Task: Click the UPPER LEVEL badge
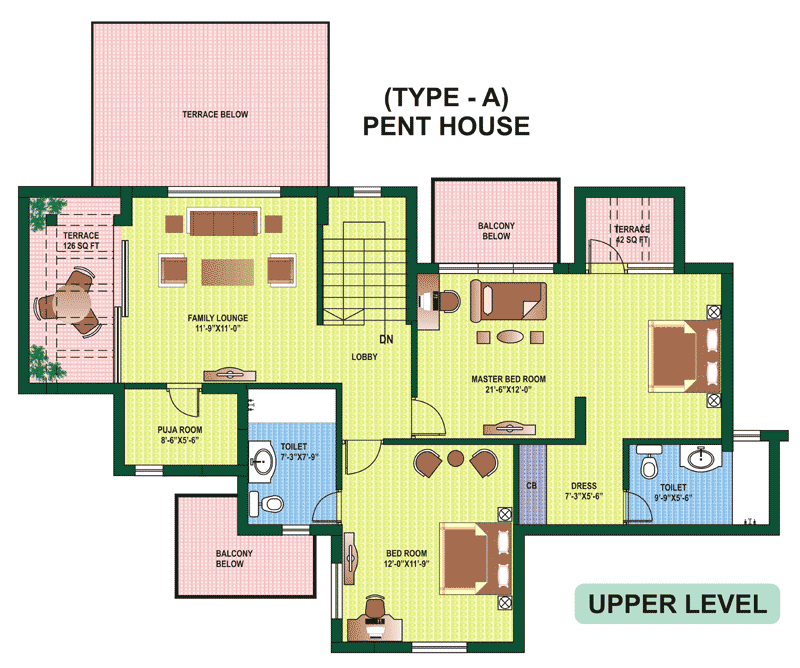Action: coord(677,604)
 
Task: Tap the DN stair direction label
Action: coord(386,339)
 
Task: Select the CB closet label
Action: coord(532,485)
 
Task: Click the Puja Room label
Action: coord(180,430)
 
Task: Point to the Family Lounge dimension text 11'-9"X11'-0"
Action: coord(218,328)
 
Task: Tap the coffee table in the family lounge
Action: coord(228,272)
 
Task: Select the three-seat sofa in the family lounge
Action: coord(223,222)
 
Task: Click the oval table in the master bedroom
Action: coord(509,337)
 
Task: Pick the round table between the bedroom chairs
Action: coord(455,458)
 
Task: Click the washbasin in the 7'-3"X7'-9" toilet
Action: coord(262,462)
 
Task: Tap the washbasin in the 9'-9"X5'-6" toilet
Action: coord(701,457)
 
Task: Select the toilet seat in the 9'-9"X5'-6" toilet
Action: coord(648,463)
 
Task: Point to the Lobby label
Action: coord(364,357)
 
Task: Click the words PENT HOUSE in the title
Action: coord(446,126)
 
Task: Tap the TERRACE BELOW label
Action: coord(215,114)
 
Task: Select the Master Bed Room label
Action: coord(508,379)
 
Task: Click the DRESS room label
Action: coord(584,486)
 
